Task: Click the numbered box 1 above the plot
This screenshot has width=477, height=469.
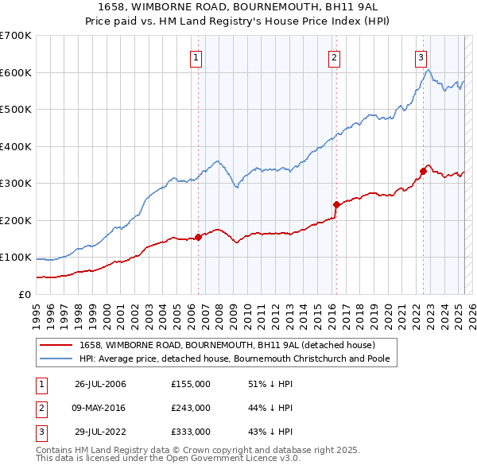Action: click(196, 57)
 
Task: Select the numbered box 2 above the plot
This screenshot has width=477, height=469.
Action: click(335, 57)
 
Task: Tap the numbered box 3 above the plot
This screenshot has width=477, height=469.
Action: click(421, 57)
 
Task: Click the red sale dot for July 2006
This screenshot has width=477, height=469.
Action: click(198, 237)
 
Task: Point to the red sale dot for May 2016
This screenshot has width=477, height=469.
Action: click(336, 204)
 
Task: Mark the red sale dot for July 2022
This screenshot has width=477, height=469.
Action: click(423, 171)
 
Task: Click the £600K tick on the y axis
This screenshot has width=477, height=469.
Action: click(16, 72)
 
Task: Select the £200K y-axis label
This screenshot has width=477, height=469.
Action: click(16, 220)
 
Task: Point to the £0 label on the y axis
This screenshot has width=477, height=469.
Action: click(24, 294)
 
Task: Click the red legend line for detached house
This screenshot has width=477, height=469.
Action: click(56, 345)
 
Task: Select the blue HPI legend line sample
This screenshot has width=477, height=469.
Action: click(56, 359)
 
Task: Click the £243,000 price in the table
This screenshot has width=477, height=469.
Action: click(190, 408)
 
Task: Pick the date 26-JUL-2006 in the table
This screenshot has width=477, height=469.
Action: click(100, 384)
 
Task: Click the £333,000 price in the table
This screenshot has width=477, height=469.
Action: click(190, 432)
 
